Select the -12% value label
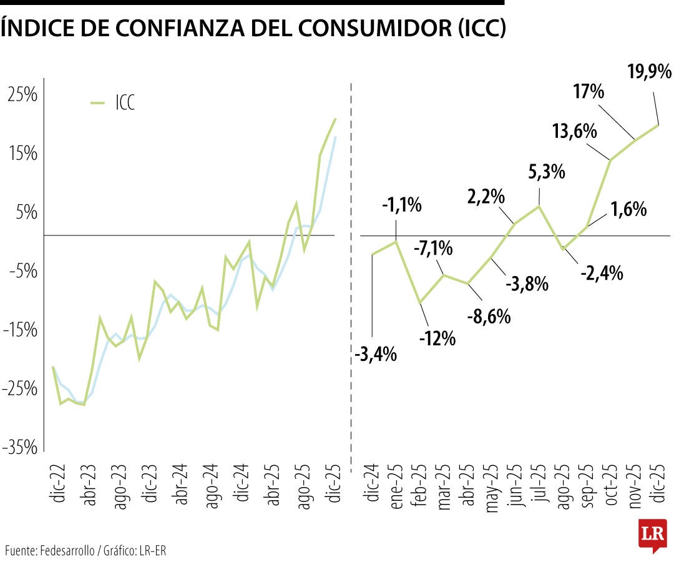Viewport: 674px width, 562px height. tap(437, 338)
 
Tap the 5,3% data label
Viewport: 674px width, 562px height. tap(547, 171)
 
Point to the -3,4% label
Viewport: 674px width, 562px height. tap(376, 355)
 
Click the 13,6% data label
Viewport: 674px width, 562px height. tap(575, 132)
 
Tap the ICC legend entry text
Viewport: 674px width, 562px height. tap(125, 103)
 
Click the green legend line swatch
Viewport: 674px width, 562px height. tap(98, 103)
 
